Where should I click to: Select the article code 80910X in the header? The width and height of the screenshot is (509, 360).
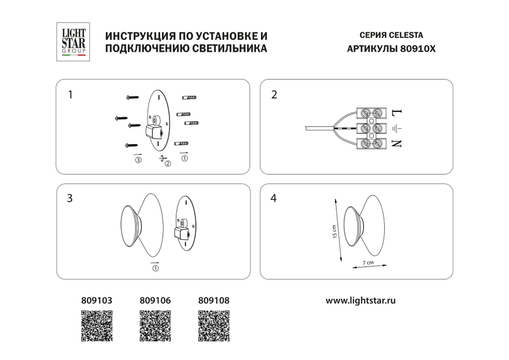pos(419,49)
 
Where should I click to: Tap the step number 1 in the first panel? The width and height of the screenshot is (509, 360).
pos(70,94)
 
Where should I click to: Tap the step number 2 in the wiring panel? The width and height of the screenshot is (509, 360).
pos(274,95)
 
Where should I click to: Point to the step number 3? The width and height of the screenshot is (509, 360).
pos(70,199)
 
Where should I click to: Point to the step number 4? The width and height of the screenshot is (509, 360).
pos(274,199)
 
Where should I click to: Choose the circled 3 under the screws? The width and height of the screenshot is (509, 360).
pos(138,160)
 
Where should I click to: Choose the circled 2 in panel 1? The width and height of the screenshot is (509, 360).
pos(167,163)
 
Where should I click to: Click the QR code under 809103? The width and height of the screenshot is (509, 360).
pos(97,325)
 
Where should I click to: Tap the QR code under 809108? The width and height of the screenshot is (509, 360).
pos(212,325)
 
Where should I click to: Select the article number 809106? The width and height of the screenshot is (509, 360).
pos(154,300)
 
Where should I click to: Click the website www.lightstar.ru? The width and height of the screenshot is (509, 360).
pos(360,300)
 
